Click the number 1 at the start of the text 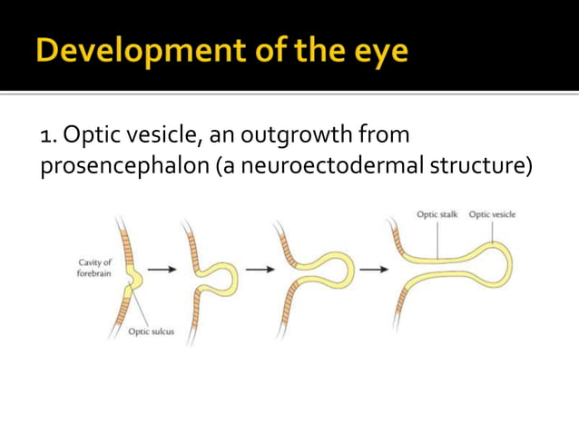46,137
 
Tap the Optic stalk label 437,214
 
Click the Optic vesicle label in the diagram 493,214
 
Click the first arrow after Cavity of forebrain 162,269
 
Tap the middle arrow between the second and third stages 260,269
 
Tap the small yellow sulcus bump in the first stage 135,278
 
